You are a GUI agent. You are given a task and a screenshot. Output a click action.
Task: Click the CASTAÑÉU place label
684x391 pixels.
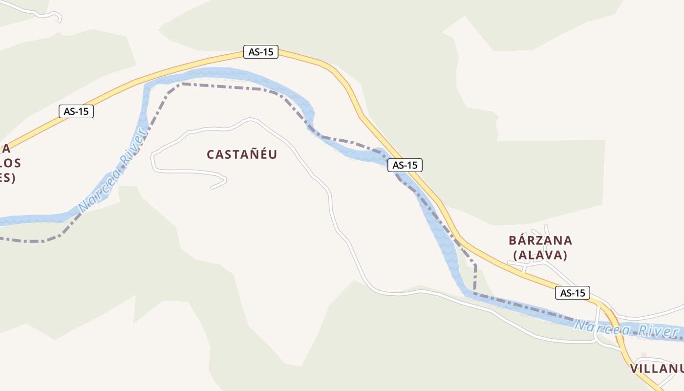[242, 154]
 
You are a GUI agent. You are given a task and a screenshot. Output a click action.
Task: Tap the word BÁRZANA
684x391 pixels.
[540, 240]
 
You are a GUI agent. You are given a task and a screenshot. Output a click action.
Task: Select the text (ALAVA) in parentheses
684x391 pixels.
[540, 255]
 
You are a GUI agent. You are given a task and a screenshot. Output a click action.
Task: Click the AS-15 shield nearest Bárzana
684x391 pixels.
[573, 293]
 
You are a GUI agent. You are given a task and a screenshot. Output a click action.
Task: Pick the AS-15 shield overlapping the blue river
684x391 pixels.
[405, 165]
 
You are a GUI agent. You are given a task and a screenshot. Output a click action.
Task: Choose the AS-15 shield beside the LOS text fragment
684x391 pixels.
[76, 111]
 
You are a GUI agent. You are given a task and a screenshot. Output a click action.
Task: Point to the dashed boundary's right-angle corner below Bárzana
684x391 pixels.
[475, 266]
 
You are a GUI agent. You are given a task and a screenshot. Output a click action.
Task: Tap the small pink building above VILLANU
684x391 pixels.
[644, 354]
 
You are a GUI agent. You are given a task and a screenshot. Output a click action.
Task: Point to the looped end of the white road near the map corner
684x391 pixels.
[59, 19]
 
